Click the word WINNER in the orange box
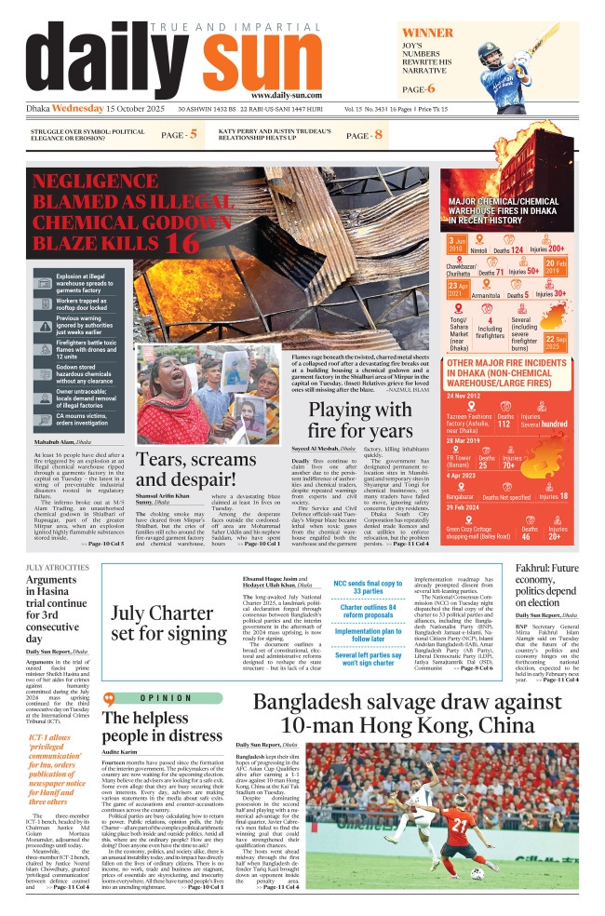pyautogui.click(x=427, y=33)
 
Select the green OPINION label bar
pyautogui.click(x=169, y=698)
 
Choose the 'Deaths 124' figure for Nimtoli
pyautogui.click(x=511, y=249)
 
